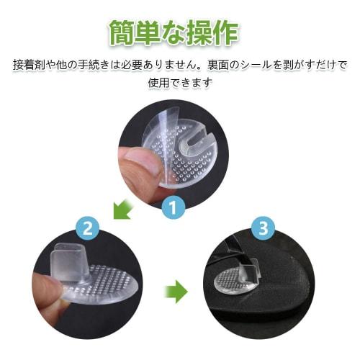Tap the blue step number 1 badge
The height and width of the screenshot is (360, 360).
point(173,209)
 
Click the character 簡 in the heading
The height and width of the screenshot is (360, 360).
point(124,32)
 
